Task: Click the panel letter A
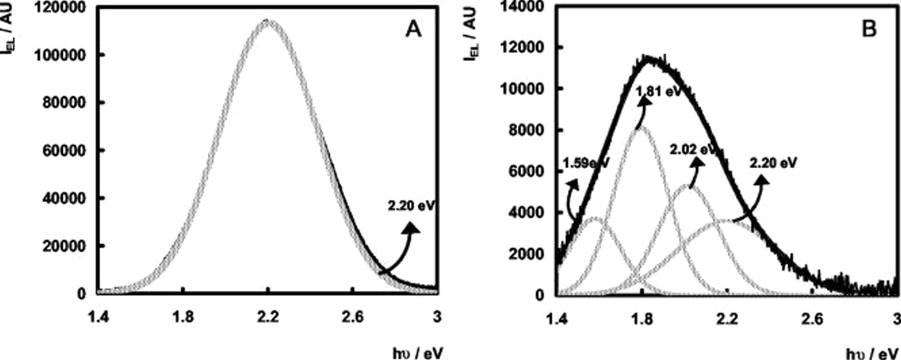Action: coord(413,30)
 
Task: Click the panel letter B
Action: coord(869,29)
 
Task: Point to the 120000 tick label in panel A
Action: coord(61,8)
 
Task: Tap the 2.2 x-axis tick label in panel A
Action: coord(268,317)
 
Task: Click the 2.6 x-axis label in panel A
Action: coord(353,317)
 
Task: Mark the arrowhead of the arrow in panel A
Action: coord(411,228)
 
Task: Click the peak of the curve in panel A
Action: coord(268,21)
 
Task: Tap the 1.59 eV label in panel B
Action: coord(586,163)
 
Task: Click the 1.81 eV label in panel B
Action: coord(658,92)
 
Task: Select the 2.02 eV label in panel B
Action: coord(693,150)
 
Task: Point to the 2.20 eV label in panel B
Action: coord(773,163)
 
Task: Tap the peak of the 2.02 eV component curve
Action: coord(689,187)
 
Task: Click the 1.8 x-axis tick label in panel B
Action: coord(641,318)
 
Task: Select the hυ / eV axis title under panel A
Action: coord(417,353)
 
